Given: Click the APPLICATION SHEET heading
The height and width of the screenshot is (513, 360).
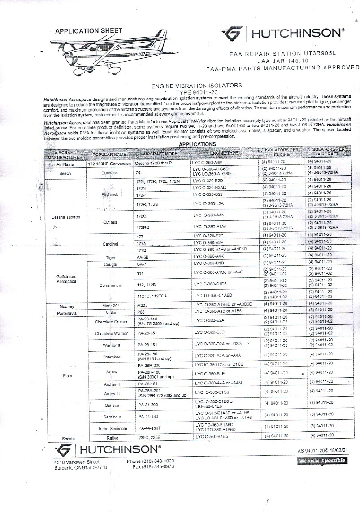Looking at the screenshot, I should pyautogui.click(x=88, y=31).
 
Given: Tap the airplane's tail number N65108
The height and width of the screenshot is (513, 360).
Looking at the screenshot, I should pyautogui.click(x=137, y=54).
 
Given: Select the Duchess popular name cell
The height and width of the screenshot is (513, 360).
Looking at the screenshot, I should pyautogui.click(x=109, y=172).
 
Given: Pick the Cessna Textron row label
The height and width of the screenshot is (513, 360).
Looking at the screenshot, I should pyautogui.click(x=66, y=217).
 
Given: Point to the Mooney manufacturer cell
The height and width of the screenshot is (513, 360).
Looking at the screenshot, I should pyautogui.click(x=67, y=306).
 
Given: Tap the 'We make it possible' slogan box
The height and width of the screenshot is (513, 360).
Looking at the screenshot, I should pyautogui.click(x=322, y=461).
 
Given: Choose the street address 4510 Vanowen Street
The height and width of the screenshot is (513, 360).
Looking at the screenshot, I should pyautogui.click(x=77, y=461).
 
